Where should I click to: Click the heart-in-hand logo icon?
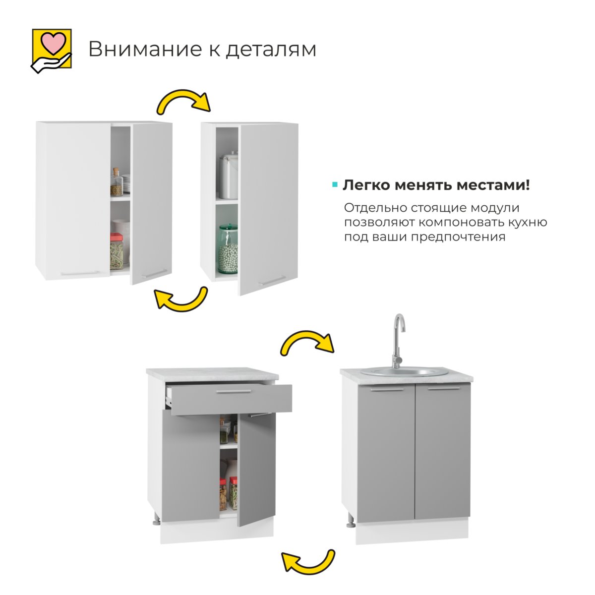coord(51,51)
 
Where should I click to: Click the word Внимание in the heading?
coord(145,49)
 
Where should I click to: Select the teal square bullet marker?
coord(334,185)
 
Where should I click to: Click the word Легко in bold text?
coord(366,185)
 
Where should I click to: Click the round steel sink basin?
coord(405,372)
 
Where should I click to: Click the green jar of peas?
coord(228,249)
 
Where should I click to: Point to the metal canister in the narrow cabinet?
coord(229,176)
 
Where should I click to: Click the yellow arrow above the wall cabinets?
coord(183,102)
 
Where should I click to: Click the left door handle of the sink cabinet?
coord(387,390)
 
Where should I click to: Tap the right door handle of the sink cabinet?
coord(444,388)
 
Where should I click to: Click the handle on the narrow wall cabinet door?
coord(272,280)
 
